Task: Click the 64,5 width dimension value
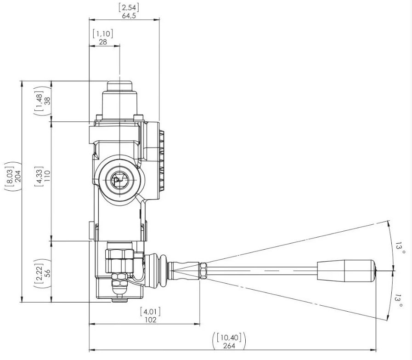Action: [129, 16]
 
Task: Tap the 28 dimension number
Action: [103, 42]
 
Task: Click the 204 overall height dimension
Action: [17, 176]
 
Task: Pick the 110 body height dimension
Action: [47, 176]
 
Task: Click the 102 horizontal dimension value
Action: [151, 320]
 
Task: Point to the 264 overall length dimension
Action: [229, 346]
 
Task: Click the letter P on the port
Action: [116, 180]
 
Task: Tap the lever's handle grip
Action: [346, 271]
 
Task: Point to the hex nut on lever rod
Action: [203, 271]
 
